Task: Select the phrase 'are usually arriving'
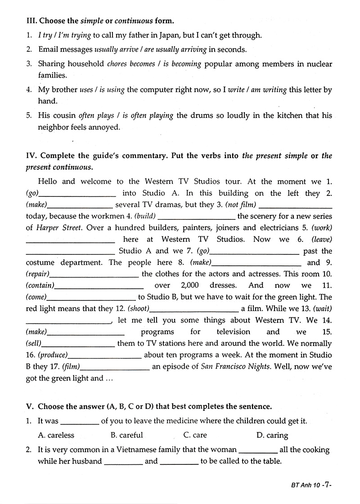[x=179, y=50]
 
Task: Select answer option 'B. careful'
[x=127, y=435]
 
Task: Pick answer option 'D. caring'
[x=272, y=435]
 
